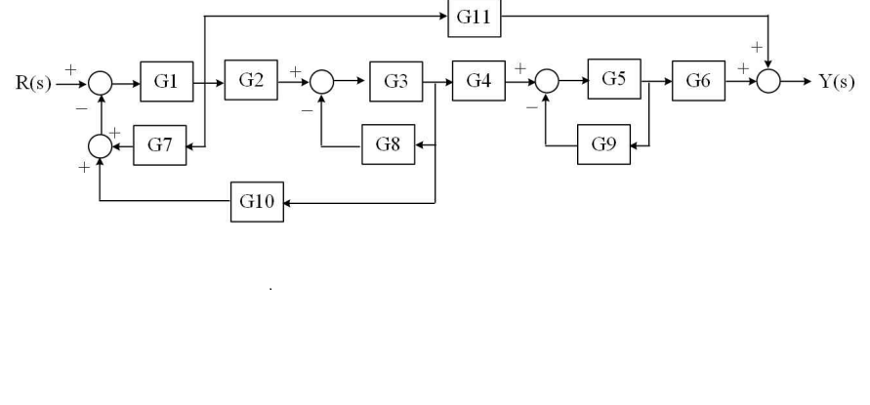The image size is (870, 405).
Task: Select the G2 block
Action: [251, 80]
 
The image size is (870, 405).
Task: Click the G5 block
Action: [614, 80]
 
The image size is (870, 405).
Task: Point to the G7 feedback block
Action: [159, 144]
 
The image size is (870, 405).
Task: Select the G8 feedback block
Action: [388, 144]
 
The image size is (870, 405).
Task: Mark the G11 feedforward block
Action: [474, 18]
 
